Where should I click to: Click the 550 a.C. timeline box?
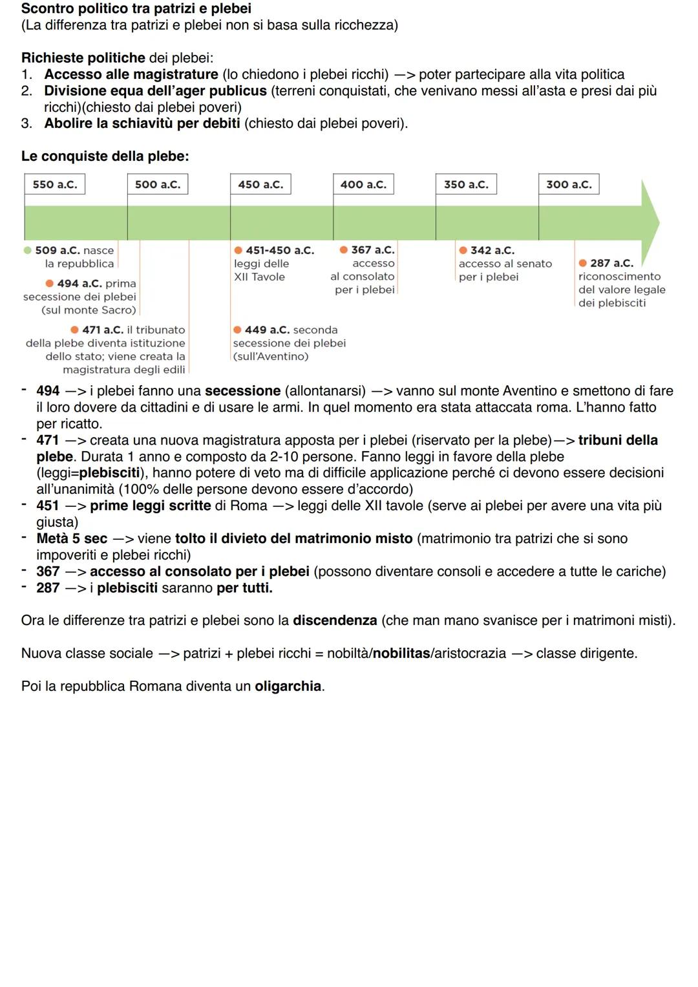point(54,184)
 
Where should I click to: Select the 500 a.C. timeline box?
point(158,184)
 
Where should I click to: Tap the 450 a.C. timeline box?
point(260,184)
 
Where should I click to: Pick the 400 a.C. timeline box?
point(363,184)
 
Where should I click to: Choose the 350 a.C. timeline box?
point(466,184)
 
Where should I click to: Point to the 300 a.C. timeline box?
point(569,184)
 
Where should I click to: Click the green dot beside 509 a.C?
point(27,250)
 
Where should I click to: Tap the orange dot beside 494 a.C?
point(50,284)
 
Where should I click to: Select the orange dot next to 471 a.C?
point(75,330)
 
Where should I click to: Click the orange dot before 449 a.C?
point(237,330)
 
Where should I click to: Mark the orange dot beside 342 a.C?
point(463,250)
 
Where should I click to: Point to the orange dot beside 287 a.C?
point(582,263)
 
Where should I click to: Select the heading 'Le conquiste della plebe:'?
point(105,156)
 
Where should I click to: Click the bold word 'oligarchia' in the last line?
point(288,686)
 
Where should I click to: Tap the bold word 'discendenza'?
point(335,621)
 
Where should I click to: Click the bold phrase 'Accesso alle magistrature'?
point(131,74)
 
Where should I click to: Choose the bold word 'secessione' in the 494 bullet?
point(242,391)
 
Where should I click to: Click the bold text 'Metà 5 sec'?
point(72,538)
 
